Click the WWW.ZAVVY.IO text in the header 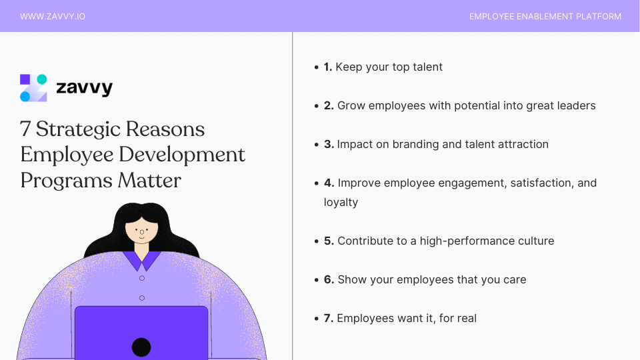(x=53, y=16)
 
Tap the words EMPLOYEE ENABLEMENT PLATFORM (x=545, y=16)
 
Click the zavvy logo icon (x=33, y=87)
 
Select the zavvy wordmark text (x=84, y=87)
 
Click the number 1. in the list (x=328, y=67)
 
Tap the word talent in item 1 (x=427, y=67)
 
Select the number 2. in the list (x=329, y=105)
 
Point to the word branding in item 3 (x=406, y=144)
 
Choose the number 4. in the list (x=329, y=183)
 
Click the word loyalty (x=341, y=202)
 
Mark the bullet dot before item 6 (x=317, y=280)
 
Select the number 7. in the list (x=329, y=318)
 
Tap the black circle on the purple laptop (x=141, y=347)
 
